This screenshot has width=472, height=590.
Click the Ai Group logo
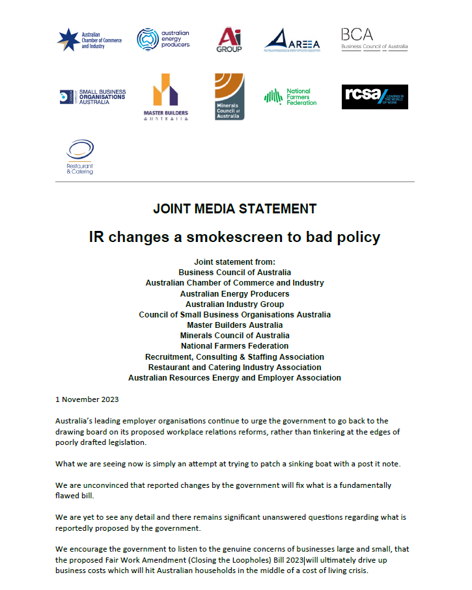click(229, 40)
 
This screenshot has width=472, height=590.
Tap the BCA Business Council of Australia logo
click(374, 39)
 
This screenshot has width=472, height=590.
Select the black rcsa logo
click(374, 97)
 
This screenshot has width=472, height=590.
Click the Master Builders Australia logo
click(165, 97)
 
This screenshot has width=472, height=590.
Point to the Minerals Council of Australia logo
click(229, 96)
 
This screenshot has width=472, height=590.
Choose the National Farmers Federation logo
click(290, 97)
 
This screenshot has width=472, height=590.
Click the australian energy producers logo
click(163, 39)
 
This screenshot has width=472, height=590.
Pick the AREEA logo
click(292, 40)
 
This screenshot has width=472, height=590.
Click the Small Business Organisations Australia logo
click(92, 97)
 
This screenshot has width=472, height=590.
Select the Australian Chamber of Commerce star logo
click(68, 39)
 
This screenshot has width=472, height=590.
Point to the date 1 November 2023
click(87, 399)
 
